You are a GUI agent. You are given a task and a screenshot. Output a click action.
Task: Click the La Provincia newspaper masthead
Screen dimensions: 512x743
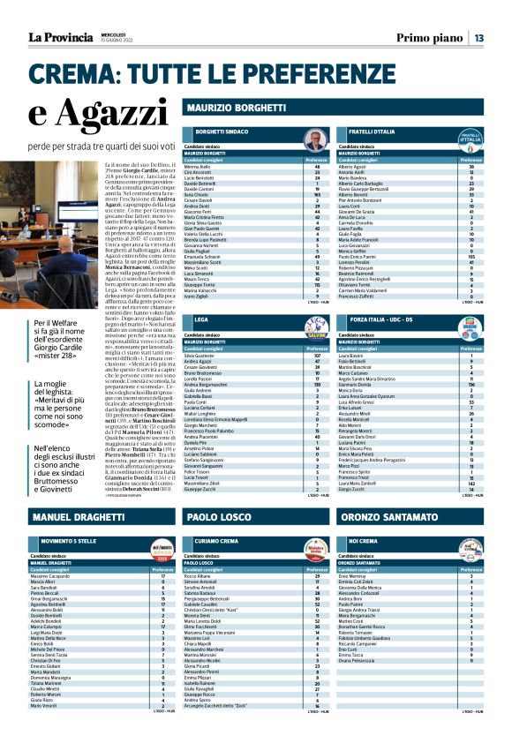(x=61, y=37)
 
